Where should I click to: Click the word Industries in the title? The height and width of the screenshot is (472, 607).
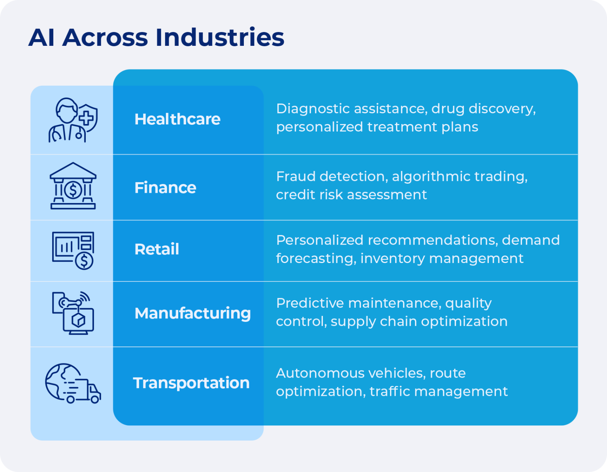coord(219,38)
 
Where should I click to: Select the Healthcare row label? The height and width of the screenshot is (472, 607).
coord(177,119)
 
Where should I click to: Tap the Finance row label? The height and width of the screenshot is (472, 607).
coord(165,188)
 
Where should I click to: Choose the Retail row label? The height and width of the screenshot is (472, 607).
coord(156,249)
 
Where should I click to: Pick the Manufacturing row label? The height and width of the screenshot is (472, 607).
coord(192,313)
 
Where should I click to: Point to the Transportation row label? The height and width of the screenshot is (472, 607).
coord(191,383)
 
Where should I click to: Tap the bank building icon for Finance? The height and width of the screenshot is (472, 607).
coord(73,186)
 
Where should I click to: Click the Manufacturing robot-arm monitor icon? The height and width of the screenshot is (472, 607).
coord(73,313)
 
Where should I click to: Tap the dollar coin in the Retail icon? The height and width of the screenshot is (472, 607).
coord(84,261)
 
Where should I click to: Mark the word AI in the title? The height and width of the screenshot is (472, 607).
coord(41,38)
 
